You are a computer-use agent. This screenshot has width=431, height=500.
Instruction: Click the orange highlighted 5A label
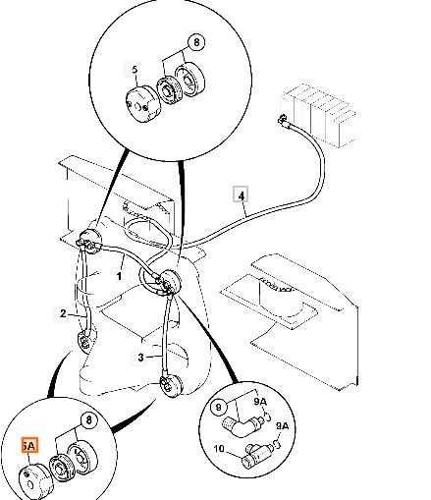29,445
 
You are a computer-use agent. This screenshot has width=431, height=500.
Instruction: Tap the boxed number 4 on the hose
241,195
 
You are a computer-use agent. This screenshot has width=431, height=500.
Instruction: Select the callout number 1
120,276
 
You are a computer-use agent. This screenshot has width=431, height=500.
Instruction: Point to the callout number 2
63,313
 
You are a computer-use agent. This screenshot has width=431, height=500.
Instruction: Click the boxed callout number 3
140,358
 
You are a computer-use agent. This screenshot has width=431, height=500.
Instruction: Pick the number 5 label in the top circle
135,70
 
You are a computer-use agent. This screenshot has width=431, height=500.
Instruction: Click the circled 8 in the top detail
196,42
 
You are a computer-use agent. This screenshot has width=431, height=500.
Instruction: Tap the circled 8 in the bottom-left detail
89,419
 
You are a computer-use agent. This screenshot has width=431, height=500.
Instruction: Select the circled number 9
219,407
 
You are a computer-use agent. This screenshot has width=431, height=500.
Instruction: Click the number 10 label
219,448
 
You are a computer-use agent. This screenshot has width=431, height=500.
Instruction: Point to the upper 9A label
260,402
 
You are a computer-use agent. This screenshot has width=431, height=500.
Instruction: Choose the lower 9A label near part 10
282,426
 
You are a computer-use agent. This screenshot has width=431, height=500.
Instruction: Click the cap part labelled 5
141,104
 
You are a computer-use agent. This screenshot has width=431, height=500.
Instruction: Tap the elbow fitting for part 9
242,424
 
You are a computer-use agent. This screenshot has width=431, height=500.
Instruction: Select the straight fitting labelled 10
258,455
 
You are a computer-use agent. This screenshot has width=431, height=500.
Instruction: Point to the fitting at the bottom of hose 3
170,386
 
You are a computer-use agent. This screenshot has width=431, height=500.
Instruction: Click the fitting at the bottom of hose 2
86,342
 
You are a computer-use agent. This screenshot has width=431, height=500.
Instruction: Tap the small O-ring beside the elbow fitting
268,417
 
